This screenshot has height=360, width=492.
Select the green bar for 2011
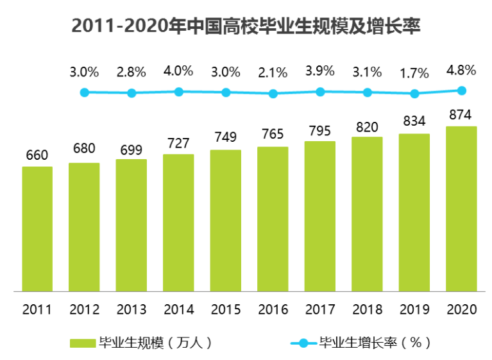click(x=37, y=228)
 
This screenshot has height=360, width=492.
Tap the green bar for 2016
click(x=273, y=219)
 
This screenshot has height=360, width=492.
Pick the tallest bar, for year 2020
click(x=461, y=209)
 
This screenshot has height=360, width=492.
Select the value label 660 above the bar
click(x=37, y=155)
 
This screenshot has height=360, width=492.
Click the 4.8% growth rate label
click(x=461, y=70)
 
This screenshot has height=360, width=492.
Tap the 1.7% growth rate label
click(x=414, y=73)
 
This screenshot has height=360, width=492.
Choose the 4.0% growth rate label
click(x=178, y=71)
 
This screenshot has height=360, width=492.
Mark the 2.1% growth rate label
click(x=273, y=73)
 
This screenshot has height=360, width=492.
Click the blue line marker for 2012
click(x=131, y=93)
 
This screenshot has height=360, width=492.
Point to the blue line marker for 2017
click(x=320, y=91)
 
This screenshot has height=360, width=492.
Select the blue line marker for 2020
click(x=461, y=90)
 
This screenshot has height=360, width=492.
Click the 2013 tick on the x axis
click(x=131, y=309)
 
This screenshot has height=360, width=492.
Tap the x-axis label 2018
click(x=367, y=309)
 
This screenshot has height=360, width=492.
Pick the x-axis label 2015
click(x=226, y=309)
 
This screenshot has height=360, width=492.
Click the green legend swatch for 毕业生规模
click(x=83, y=343)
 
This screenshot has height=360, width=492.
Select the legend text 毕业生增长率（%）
click(x=375, y=343)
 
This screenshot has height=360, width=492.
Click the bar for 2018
click(x=367, y=214)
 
